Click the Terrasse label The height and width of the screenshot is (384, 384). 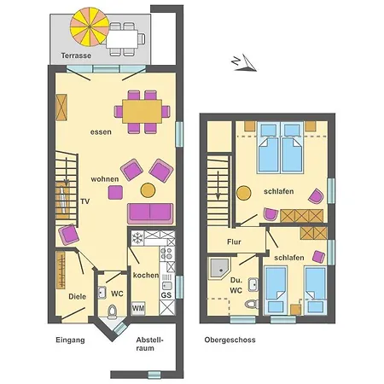point(76,55)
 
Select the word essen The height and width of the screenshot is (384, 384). point(101,132)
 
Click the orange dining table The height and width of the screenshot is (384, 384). point(142,110)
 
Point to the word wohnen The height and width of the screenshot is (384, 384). point(106,180)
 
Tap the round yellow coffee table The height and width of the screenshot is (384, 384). point(148,189)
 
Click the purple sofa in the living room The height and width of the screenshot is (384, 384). point(150,212)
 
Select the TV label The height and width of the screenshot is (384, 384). point(84,201)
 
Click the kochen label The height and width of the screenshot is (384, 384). point(145,275)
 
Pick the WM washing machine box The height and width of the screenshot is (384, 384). point(138,306)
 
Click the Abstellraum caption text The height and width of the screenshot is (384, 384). point(149,345)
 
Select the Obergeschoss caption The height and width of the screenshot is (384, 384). point(230,340)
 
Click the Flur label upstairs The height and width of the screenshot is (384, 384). point(234,241)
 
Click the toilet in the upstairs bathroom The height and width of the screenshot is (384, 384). point(250,304)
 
